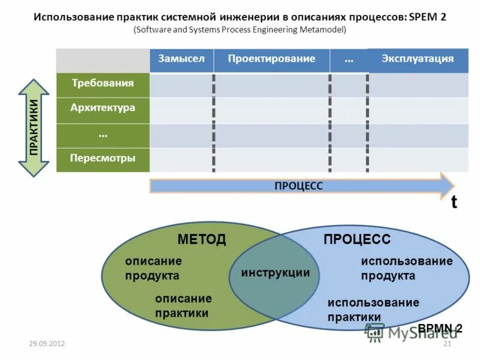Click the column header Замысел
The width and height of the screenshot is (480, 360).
pos(181,59)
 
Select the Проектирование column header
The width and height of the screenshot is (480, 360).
pos(271,59)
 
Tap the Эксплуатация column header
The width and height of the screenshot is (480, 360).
pos(418,59)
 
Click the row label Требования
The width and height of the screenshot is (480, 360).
pos(103,83)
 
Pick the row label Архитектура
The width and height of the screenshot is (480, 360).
pos(103,108)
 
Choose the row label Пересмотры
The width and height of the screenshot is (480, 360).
pos(103,158)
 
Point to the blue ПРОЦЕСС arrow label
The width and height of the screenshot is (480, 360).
pos(298,186)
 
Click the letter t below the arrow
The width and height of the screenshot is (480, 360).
pos(454,202)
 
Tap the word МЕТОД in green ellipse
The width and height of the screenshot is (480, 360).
pos(202,239)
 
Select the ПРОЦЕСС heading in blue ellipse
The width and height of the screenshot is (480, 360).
pos(357,239)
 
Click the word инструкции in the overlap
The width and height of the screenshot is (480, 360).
pos(275,272)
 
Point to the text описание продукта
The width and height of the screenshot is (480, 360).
pos(152,268)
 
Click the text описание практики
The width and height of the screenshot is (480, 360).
pos(182,305)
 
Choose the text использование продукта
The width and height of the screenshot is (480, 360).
pos(406,268)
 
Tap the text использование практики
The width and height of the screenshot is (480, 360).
pos(373,309)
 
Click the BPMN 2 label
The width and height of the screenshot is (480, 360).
pos(440,328)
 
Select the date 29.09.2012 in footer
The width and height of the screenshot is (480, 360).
pos(47,343)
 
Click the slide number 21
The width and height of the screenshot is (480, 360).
pos(446,343)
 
